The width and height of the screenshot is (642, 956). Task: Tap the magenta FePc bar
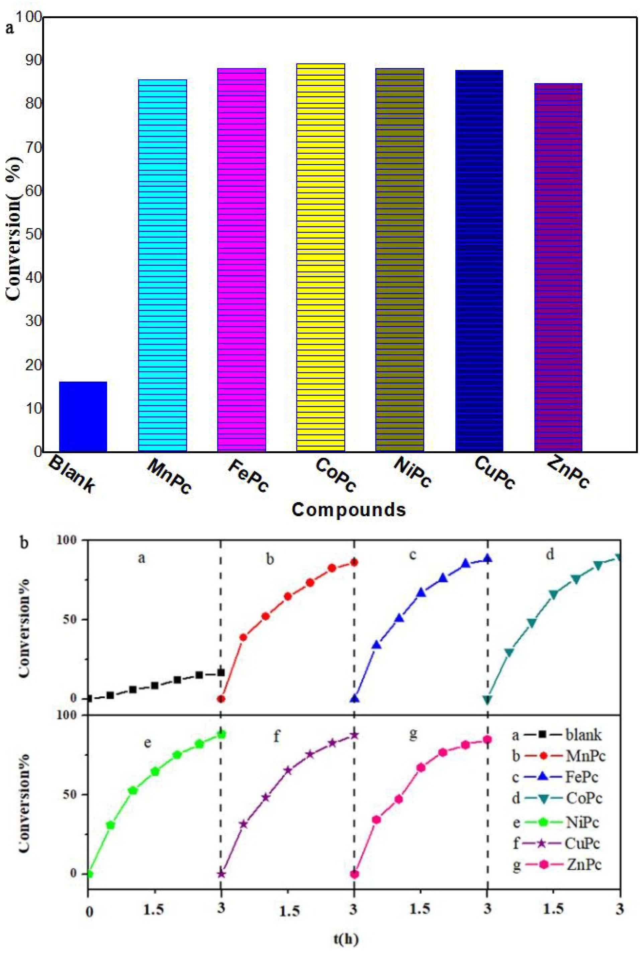point(242,260)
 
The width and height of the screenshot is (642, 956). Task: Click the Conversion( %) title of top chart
point(15,229)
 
